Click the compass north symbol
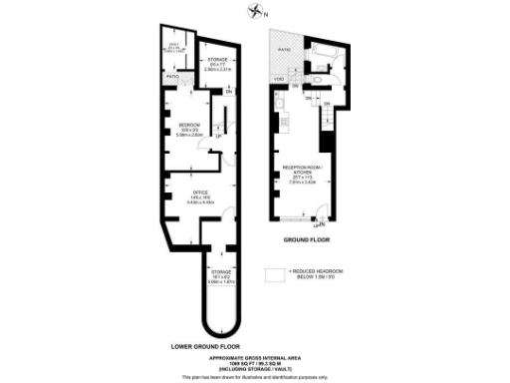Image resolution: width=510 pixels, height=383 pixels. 257,12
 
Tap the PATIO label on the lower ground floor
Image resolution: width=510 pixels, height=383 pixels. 171,76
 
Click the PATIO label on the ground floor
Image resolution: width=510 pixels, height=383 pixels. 283,49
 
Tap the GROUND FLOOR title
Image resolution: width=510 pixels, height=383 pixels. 307,239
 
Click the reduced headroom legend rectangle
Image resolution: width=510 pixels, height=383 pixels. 274,272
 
